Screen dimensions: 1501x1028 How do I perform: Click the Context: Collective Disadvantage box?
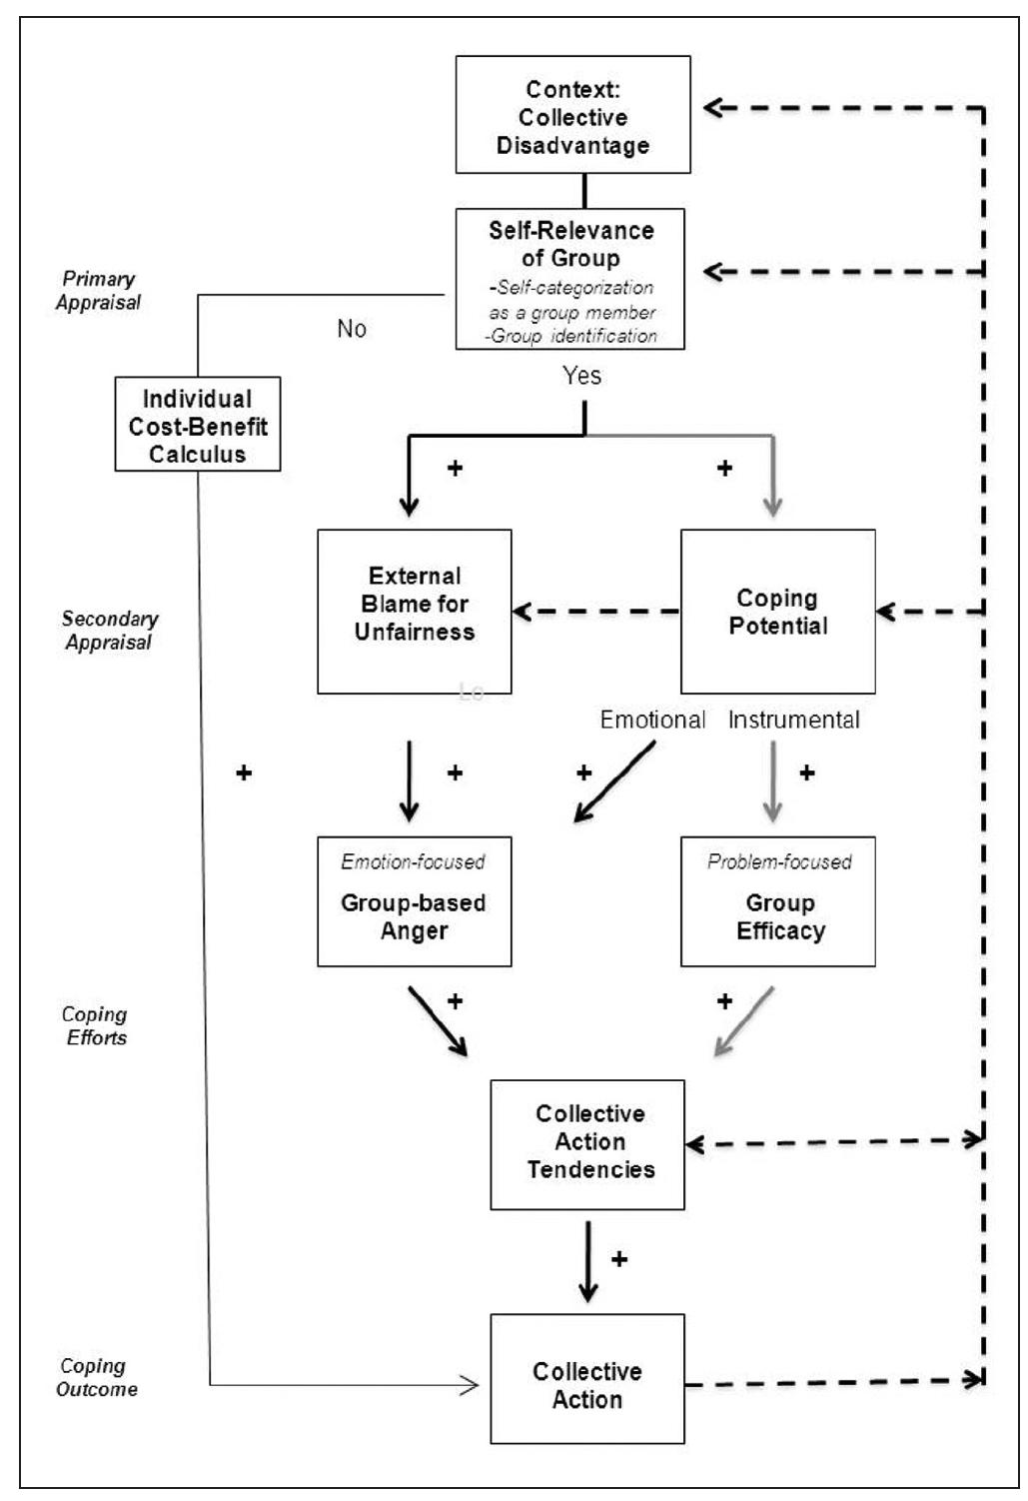point(572,115)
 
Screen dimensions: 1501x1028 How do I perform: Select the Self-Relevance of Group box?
point(570,279)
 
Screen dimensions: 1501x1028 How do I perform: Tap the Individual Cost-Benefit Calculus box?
point(198,425)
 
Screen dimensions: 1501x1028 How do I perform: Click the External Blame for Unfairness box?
point(415,611)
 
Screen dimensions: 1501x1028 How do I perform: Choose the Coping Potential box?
point(777,611)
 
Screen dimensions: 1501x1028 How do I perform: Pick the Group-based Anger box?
point(415,901)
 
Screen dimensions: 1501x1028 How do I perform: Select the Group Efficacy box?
point(777,901)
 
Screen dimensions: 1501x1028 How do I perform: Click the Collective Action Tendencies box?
point(587,1144)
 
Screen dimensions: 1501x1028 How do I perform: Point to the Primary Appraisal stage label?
point(98,291)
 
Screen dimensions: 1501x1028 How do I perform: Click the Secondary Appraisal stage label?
point(109,631)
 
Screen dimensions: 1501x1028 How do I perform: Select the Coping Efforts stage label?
point(95,1026)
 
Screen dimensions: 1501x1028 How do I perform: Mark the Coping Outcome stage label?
point(96,1378)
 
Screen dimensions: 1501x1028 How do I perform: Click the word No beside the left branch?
point(352,329)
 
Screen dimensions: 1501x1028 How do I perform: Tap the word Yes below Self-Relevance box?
point(581,376)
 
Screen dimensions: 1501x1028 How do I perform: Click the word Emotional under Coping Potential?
point(652,720)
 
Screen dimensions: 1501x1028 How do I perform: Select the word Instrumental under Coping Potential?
point(793,720)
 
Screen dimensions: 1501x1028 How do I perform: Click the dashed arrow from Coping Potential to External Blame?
point(596,611)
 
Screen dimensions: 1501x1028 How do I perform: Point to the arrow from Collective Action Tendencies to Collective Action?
point(588,1261)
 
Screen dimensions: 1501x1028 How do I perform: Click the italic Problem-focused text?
point(779,861)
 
